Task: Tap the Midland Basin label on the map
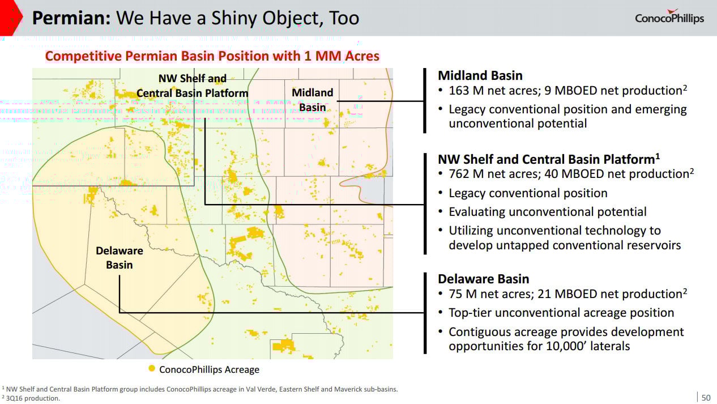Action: [x=312, y=100]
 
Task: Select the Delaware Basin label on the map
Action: [x=119, y=257]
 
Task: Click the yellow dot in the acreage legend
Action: [x=152, y=369]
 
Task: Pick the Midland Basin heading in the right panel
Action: [x=480, y=75]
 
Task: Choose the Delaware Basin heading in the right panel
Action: [x=483, y=279]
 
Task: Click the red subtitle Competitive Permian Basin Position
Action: [x=212, y=56]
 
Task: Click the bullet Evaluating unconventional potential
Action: [x=547, y=212]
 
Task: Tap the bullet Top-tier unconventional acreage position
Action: [x=561, y=313]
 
